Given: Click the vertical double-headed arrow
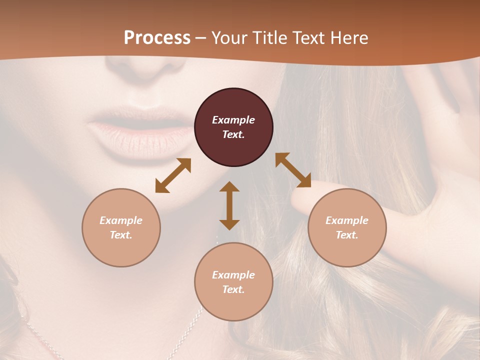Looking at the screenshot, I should pyautogui.click(x=229, y=205).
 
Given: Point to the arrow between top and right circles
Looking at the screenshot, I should pyautogui.click(x=293, y=170).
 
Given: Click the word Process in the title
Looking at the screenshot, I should pyautogui.click(x=157, y=37).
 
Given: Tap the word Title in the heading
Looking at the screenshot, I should pyautogui.click(x=270, y=37).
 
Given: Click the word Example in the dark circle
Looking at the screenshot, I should pyautogui.click(x=233, y=120).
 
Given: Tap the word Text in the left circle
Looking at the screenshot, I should pyautogui.click(x=121, y=235).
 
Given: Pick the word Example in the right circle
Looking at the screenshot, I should pyautogui.click(x=347, y=220).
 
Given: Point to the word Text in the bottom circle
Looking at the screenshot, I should pyautogui.click(x=233, y=289).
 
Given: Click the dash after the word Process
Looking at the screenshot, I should pyautogui.click(x=201, y=38).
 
